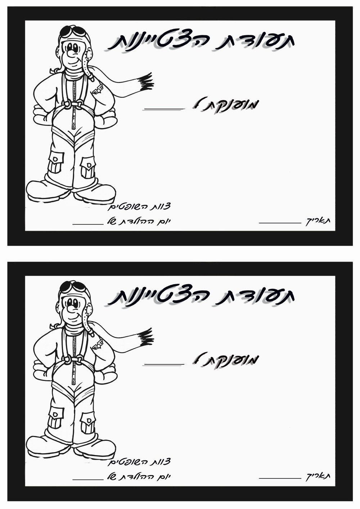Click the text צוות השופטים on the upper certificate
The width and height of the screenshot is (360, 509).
tap(139, 207)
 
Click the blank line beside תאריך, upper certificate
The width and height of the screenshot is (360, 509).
tap(280, 223)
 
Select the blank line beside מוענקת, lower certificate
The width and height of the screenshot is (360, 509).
tap(163, 364)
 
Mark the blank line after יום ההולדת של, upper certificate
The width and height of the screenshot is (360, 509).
tap(88, 224)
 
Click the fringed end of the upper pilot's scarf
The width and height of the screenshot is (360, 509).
tap(146, 81)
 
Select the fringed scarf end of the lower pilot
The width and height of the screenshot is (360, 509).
tap(146, 337)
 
